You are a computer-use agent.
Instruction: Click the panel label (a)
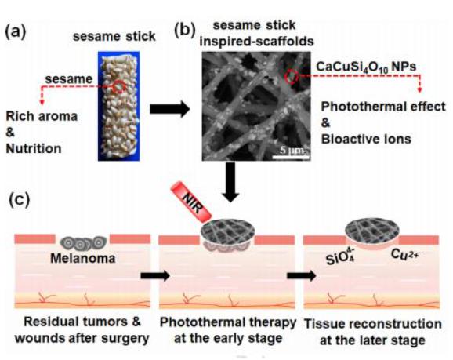pos(16,31)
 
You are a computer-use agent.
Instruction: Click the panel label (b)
pos(185,31)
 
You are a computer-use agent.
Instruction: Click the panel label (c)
pos(20,199)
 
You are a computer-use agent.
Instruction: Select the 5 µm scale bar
pos(291,157)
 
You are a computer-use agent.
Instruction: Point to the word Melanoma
pos(83,258)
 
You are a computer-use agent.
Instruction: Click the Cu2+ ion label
pos(404,254)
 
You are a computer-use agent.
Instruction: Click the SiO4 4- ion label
pos(341,256)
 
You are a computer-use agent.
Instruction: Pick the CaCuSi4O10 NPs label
pos(366,67)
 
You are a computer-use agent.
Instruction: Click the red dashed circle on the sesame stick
pos(119,86)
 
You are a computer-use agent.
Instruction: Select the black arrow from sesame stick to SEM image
pos(170,109)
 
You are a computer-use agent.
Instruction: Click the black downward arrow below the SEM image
pos(231,182)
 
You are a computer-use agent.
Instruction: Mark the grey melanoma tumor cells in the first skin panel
pos(84,243)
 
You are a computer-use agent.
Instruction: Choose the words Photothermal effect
pos(383,107)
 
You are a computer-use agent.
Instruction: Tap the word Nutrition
pos(34,148)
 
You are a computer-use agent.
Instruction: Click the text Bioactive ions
pos(366,139)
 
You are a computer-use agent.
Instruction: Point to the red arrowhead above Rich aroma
pos(42,102)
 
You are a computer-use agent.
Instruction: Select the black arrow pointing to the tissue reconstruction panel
pos(302,275)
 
